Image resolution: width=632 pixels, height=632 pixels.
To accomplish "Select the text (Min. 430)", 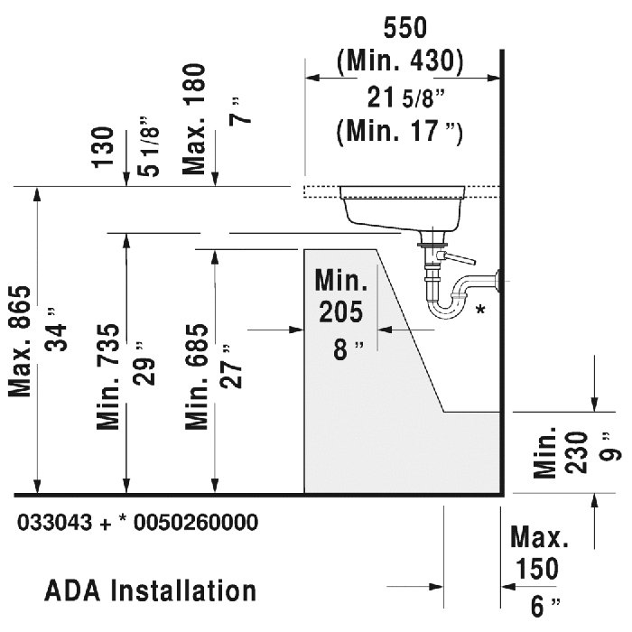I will pyautogui.click(x=399, y=60).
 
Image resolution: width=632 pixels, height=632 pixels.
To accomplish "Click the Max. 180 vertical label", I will pyautogui.click(x=196, y=117).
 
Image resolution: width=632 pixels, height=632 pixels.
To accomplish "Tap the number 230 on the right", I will pyautogui.click(x=579, y=449).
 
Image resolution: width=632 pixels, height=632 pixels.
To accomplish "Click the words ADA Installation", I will pyautogui.click(x=150, y=591).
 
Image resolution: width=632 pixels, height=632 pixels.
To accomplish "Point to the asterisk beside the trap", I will pyautogui.click(x=480, y=311).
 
